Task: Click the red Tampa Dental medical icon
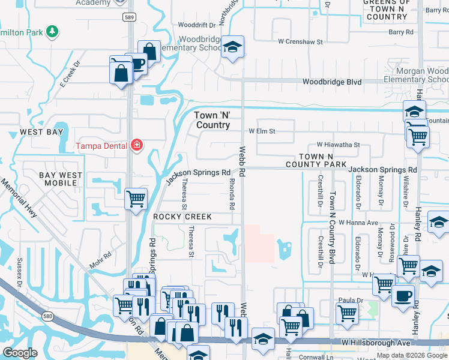pos(137,145)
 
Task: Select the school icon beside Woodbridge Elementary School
pos(232,46)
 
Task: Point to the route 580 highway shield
pos(48,316)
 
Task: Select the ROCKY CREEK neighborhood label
pos(182,217)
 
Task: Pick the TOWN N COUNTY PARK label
pos(316,160)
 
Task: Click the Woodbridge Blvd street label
pos(331,81)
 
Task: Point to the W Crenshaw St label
pos(300,42)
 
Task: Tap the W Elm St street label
pos(262,131)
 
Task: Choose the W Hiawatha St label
pos(338,145)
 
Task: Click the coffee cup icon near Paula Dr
pos(403,295)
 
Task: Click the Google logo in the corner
pos(20,353)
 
